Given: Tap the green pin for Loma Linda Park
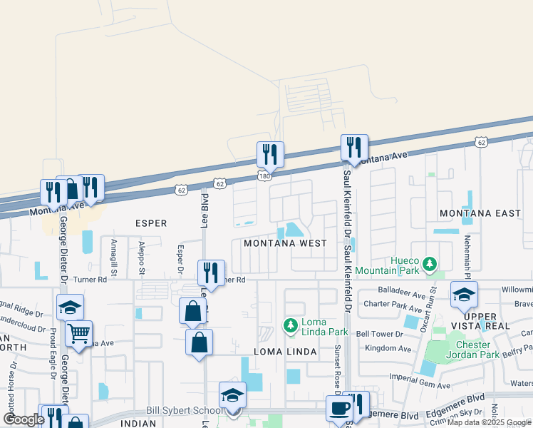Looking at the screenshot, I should (x=290, y=326).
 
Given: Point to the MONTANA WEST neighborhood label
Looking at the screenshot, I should (x=285, y=243).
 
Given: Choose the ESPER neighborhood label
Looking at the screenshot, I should (x=151, y=223).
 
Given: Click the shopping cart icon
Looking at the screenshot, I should (x=79, y=332).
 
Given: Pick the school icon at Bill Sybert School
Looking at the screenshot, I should (x=232, y=394).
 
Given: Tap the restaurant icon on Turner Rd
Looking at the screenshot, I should (x=211, y=272).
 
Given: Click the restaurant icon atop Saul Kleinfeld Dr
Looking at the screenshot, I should (x=354, y=147).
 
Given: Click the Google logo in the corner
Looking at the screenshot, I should (x=24, y=419).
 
